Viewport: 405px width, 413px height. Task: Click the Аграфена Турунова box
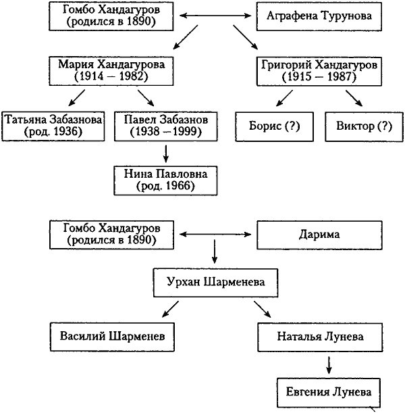[x=319, y=15]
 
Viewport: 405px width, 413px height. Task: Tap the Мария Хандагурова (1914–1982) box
[x=111, y=70]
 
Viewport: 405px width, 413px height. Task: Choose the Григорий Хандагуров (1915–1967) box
[x=318, y=70]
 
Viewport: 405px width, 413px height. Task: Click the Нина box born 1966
[x=165, y=178]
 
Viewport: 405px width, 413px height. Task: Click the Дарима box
[x=319, y=235]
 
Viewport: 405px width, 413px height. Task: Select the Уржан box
[x=215, y=281]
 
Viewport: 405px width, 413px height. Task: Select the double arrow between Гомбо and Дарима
[x=215, y=235]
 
